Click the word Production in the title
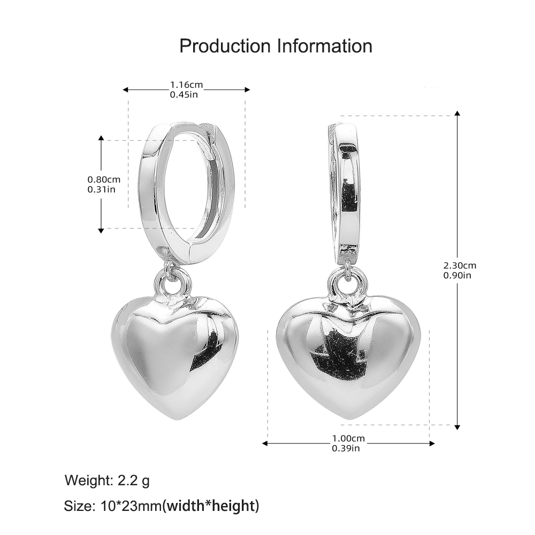pyautogui.click(x=225, y=46)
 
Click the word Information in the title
pyautogui.click(x=324, y=46)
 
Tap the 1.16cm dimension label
pyautogui.click(x=186, y=85)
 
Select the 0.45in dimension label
pyautogui.click(x=184, y=95)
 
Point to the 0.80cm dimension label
pyautogui.click(x=104, y=179)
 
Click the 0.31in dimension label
pyautogui.click(x=102, y=189)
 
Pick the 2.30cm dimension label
pyautogui.click(x=460, y=265)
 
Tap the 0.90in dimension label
pyautogui.click(x=457, y=275)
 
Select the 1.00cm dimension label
pyautogui.click(x=348, y=438)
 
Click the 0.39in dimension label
pyautogui.click(x=346, y=448)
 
